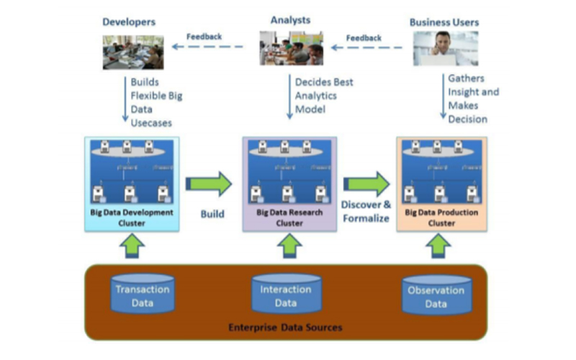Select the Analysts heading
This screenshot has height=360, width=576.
291,19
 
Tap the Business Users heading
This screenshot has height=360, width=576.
444,22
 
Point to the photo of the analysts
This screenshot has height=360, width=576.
291,48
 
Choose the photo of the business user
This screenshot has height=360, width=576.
446,48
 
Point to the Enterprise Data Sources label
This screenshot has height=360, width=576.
285,328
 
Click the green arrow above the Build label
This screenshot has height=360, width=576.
210,184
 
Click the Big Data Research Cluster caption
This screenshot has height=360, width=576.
289,218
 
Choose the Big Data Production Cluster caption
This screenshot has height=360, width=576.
441,217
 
